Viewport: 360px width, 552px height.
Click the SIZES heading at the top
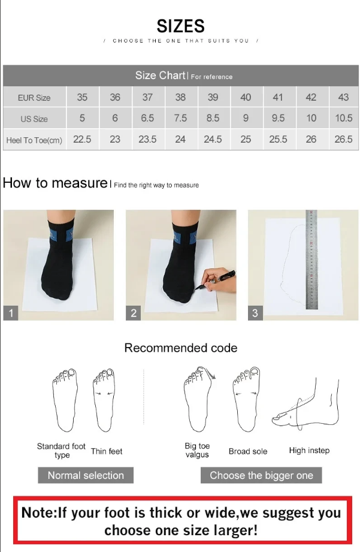pos(180,26)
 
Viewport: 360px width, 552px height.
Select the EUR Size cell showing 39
pos(213,97)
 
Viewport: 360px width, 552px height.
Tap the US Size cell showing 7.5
pos(180,118)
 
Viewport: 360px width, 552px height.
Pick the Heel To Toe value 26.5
pos(343,139)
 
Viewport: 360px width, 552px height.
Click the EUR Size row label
pos(34,98)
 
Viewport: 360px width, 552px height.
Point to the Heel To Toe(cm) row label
pos(34,140)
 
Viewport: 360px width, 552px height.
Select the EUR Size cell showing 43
pos(343,97)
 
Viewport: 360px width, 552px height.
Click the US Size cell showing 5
pos(82,118)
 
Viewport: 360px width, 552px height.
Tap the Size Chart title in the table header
pos(160,76)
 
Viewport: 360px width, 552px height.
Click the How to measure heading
pos(55,183)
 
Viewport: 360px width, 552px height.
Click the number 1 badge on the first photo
pos(11,313)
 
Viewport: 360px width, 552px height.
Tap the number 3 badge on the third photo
pos(255,313)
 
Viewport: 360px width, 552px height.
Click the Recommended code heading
pos(180,348)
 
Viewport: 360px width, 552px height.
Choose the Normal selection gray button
pos(86,475)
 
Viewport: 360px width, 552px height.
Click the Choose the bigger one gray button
pos(261,475)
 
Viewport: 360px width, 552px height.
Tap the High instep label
pos(309,450)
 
